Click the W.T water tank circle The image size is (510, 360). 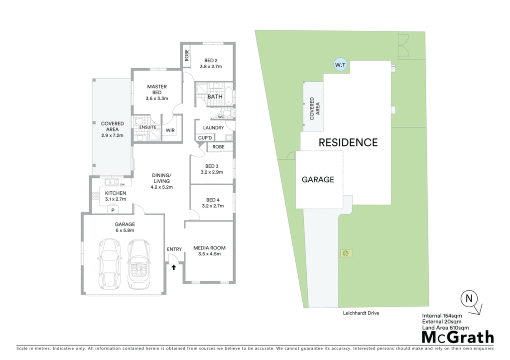[x=340, y=65]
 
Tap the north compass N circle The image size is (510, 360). [x=469, y=298]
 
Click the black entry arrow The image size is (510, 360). [x=174, y=267]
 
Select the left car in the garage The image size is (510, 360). [x=110, y=264]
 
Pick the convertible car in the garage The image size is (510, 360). [x=139, y=264]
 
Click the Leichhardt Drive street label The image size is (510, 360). [x=361, y=313]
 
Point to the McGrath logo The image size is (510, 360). [x=458, y=337]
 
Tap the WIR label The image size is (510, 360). [x=170, y=130]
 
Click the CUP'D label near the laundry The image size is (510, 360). [x=205, y=138]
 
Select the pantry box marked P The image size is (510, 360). [x=113, y=210]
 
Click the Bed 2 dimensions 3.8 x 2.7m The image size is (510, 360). [x=211, y=66]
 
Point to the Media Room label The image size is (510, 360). [x=210, y=248]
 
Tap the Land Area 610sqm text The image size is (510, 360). [x=445, y=328]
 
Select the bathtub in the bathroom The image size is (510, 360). [x=229, y=96]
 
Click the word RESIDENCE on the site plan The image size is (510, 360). [x=348, y=142]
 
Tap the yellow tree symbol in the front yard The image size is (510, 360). [x=346, y=253]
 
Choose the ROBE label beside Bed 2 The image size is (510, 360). [x=187, y=55]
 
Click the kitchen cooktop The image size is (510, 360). [x=96, y=196]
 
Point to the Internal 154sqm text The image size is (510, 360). [x=442, y=316]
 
